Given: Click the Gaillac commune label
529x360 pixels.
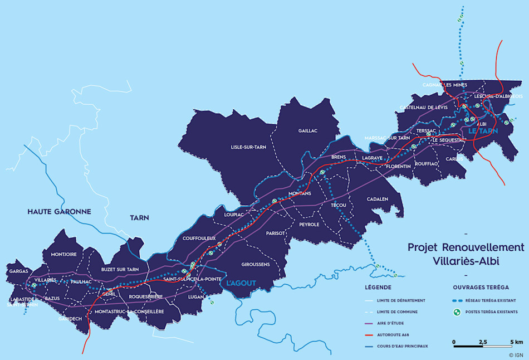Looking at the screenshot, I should click(x=307, y=130).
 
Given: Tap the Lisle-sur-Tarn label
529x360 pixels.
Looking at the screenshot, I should click(x=249, y=147).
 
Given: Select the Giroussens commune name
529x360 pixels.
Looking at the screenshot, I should click(x=256, y=264).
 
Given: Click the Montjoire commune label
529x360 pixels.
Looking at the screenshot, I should click(x=63, y=255).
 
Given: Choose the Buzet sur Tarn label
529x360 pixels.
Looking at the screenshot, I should click(x=120, y=269).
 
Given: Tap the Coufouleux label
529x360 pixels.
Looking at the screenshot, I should click(x=199, y=238).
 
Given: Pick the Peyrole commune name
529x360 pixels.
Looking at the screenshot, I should click(x=309, y=224).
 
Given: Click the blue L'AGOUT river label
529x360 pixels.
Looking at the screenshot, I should click(x=241, y=283).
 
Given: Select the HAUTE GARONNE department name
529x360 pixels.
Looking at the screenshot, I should click(x=59, y=212).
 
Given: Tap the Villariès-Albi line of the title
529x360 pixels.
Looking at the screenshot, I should click(x=466, y=260).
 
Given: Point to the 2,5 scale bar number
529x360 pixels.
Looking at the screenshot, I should click(x=482, y=341).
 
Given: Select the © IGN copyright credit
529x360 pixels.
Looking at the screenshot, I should click(x=516, y=354).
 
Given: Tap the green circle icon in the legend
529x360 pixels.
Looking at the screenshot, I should click(x=457, y=312).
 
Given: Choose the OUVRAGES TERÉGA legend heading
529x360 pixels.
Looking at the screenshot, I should click(x=481, y=288).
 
